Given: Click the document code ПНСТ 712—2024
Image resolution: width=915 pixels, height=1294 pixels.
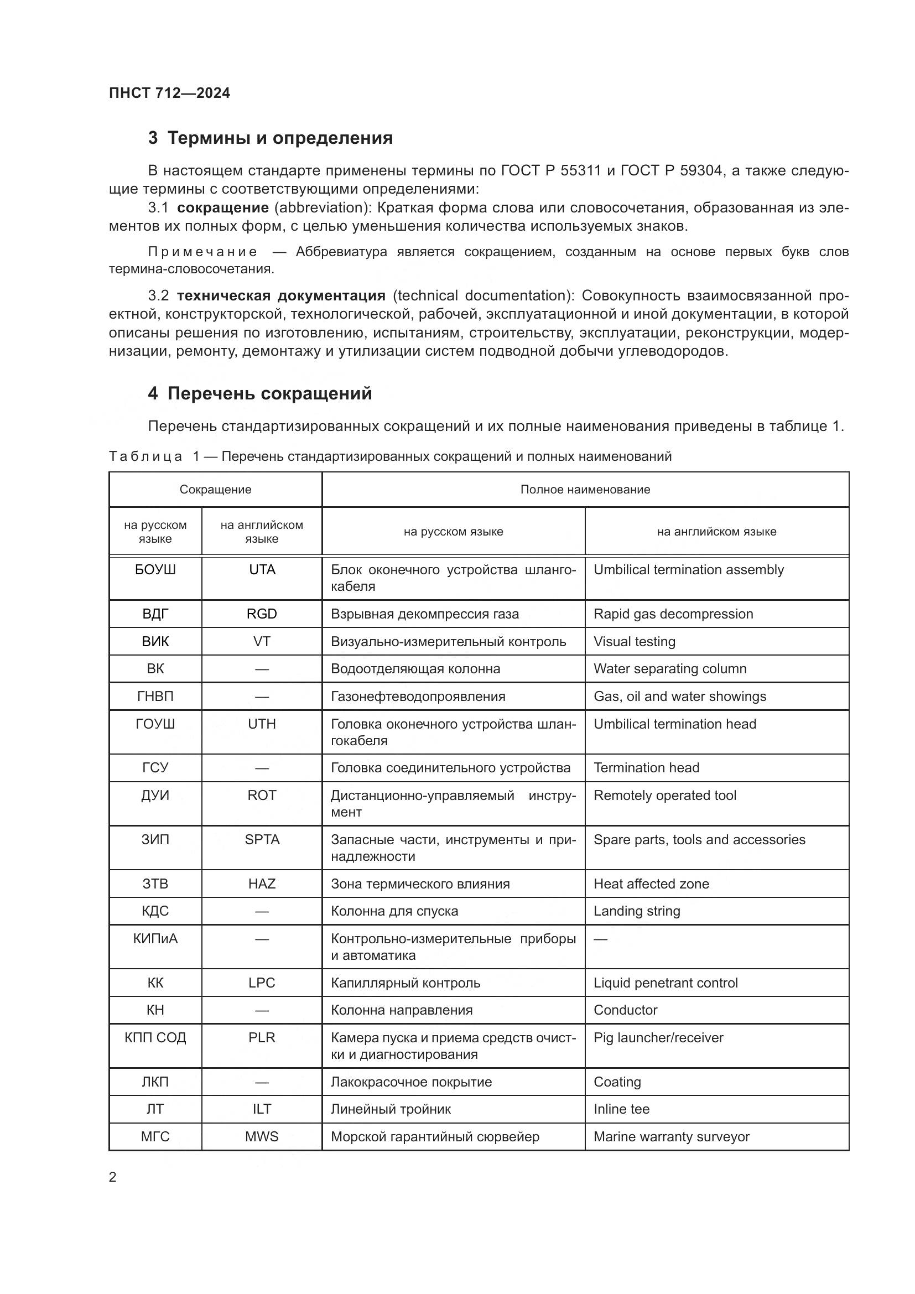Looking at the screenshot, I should [x=169, y=93].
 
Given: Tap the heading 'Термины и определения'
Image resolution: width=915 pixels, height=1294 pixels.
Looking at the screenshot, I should [x=279, y=138].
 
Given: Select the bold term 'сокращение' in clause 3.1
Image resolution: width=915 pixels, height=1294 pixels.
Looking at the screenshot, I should [x=222, y=207].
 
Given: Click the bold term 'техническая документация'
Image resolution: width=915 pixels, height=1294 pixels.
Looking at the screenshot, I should [x=281, y=295].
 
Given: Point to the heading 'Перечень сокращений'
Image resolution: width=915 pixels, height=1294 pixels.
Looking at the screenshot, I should [x=269, y=393].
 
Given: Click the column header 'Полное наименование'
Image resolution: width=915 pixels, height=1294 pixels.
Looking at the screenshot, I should [x=585, y=489].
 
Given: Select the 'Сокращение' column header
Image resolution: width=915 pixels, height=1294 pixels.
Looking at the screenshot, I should [x=215, y=489].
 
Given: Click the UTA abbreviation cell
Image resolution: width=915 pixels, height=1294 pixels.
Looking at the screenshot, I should [x=262, y=570].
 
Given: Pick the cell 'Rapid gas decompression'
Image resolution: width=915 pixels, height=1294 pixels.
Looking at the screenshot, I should [x=673, y=614].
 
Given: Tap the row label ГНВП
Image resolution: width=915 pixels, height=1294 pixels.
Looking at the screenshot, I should [x=155, y=696].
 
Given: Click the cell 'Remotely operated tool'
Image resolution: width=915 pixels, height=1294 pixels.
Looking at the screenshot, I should [x=664, y=795].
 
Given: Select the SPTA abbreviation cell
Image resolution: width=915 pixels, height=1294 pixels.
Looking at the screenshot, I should [x=262, y=839].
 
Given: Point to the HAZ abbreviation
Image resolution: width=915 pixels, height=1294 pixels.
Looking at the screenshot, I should [x=262, y=884].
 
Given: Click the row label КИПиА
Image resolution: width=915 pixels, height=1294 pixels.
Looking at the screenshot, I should [x=155, y=938].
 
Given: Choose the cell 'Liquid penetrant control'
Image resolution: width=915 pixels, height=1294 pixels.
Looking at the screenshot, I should [x=665, y=983].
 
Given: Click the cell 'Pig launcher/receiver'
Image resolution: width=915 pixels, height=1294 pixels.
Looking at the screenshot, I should [x=658, y=1037].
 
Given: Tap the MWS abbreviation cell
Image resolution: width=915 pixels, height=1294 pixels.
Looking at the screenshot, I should [x=262, y=1137].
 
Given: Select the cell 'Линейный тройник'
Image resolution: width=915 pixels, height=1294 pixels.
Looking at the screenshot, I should [x=391, y=1109].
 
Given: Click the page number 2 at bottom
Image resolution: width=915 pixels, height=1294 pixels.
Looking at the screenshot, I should [x=113, y=1177].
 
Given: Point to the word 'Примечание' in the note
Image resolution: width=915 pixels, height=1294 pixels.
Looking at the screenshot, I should [x=202, y=252].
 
